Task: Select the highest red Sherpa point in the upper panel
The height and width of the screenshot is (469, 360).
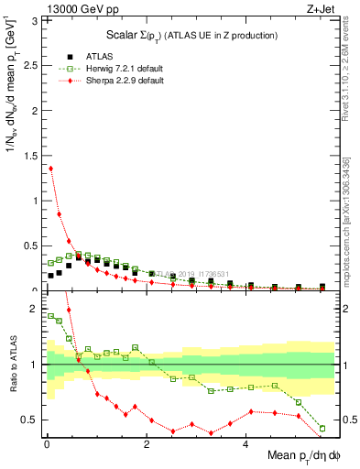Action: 50,168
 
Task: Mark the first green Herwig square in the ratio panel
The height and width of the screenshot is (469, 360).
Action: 50,316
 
